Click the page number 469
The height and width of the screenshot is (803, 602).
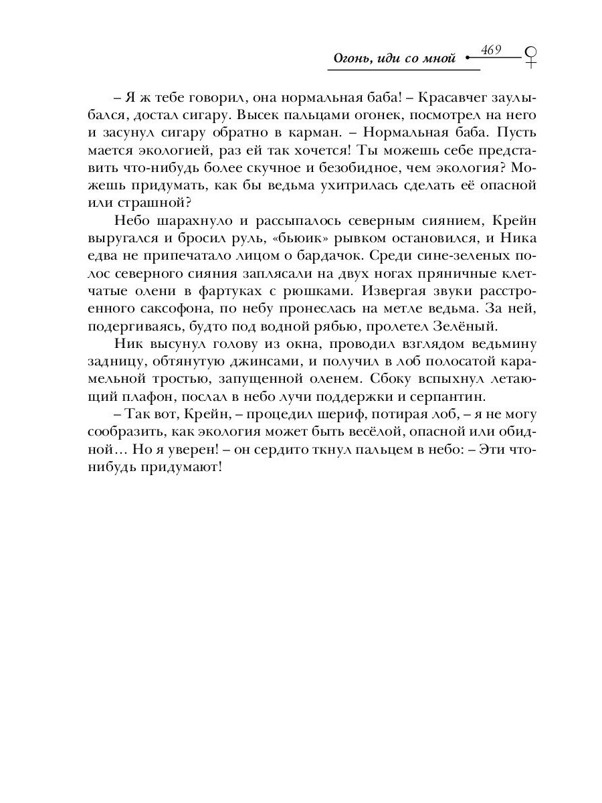coord(490,50)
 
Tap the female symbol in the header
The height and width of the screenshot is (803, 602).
coord(531,56)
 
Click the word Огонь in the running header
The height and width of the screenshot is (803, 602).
coord(353,59)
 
